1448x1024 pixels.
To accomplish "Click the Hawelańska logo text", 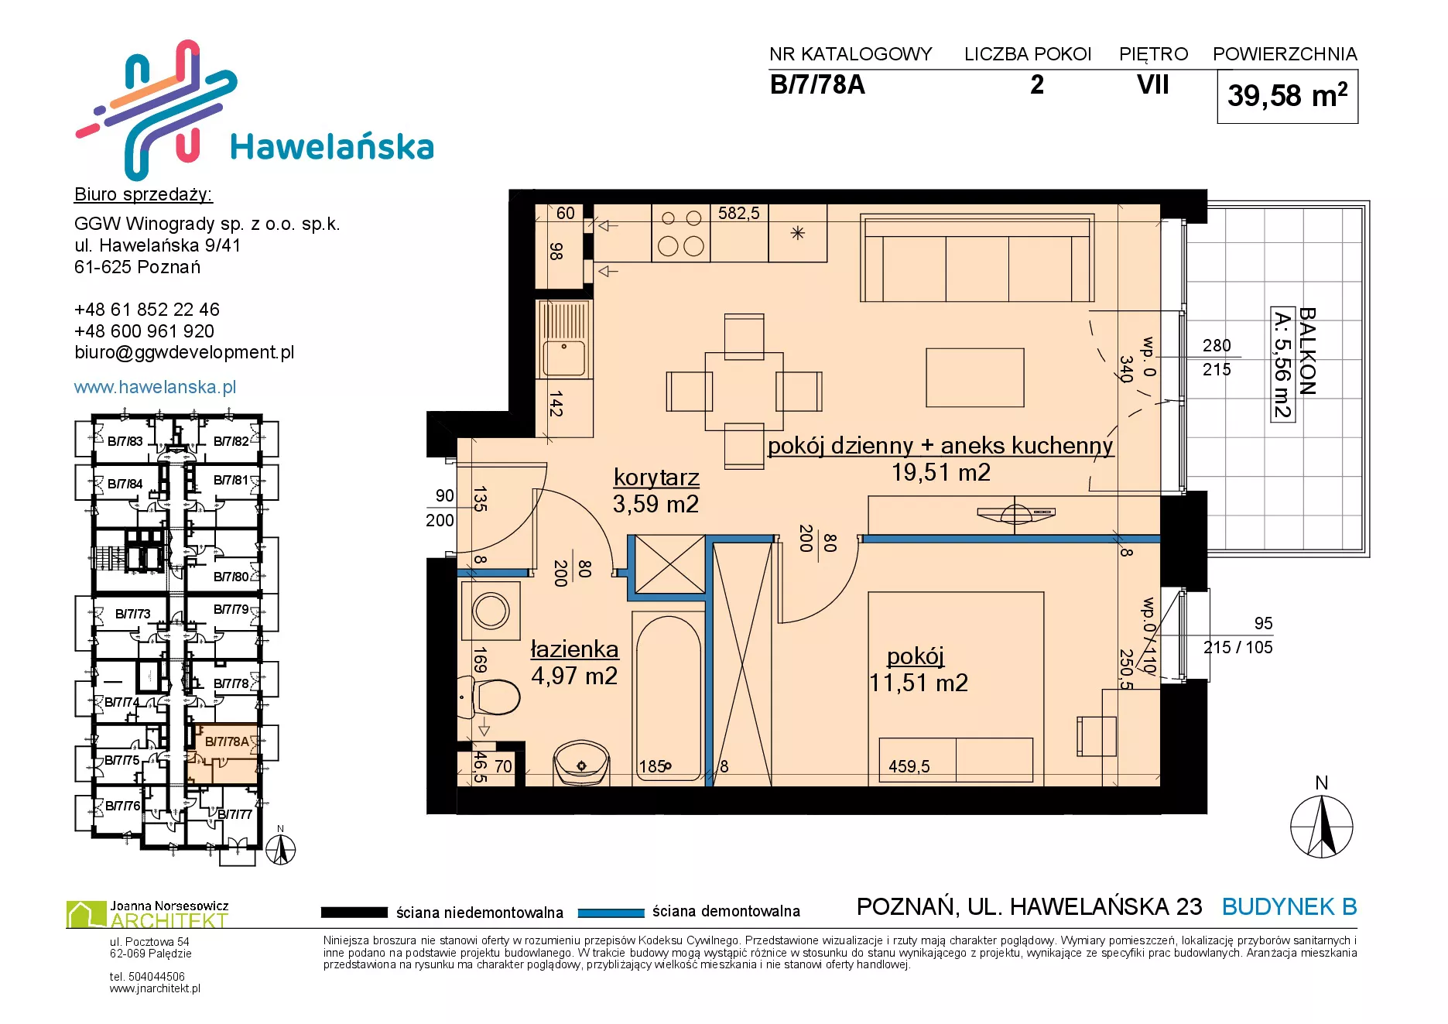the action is (332, 147).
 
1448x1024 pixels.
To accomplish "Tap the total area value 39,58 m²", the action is (1287, 95).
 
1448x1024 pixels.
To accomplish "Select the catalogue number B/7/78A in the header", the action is (817, 84).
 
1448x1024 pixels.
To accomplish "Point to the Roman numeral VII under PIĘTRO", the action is (1152, 84).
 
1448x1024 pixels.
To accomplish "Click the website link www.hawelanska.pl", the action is (155, 387).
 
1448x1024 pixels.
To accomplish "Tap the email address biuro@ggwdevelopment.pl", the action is (184, 352).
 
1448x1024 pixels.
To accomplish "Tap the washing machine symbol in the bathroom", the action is (491, 611).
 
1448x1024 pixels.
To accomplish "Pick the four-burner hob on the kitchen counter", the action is (681, 232).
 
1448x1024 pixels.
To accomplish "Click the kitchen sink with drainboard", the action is (564, 340).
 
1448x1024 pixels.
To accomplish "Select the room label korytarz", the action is (656, 478).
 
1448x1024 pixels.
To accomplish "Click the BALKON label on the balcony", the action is (1307, 351).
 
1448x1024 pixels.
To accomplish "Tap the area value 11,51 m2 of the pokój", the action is (919, 683).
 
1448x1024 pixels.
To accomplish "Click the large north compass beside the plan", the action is (1322, 827).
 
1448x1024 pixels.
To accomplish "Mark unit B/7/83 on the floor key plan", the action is (125, 441).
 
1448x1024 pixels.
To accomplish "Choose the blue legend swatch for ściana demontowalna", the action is (611, 913).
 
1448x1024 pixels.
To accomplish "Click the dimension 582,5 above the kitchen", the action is (738, 213).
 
